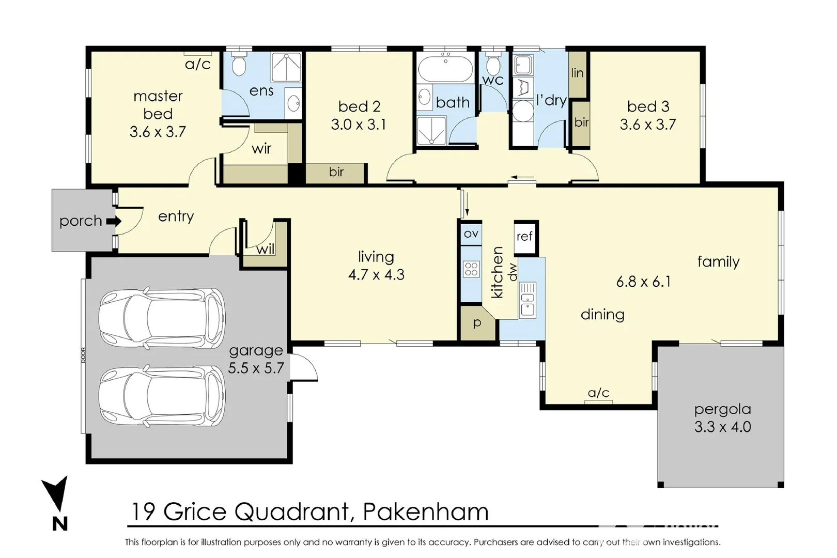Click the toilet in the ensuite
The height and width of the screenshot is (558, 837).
238,64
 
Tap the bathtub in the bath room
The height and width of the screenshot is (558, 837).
445,68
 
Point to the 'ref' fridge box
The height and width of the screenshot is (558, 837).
526,237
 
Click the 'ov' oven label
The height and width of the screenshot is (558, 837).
471,234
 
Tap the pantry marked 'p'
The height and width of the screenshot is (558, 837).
477,323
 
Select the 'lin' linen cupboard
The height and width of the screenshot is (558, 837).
577,73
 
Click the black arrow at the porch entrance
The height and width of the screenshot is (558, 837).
114,221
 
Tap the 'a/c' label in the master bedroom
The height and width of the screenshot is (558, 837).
198,64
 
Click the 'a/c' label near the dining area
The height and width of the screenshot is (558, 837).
599,393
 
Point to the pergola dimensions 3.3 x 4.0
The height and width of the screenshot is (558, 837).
723,426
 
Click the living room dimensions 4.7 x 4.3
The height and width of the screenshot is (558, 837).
376,275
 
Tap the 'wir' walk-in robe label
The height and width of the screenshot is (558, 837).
261,149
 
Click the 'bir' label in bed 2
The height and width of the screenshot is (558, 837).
336,172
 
